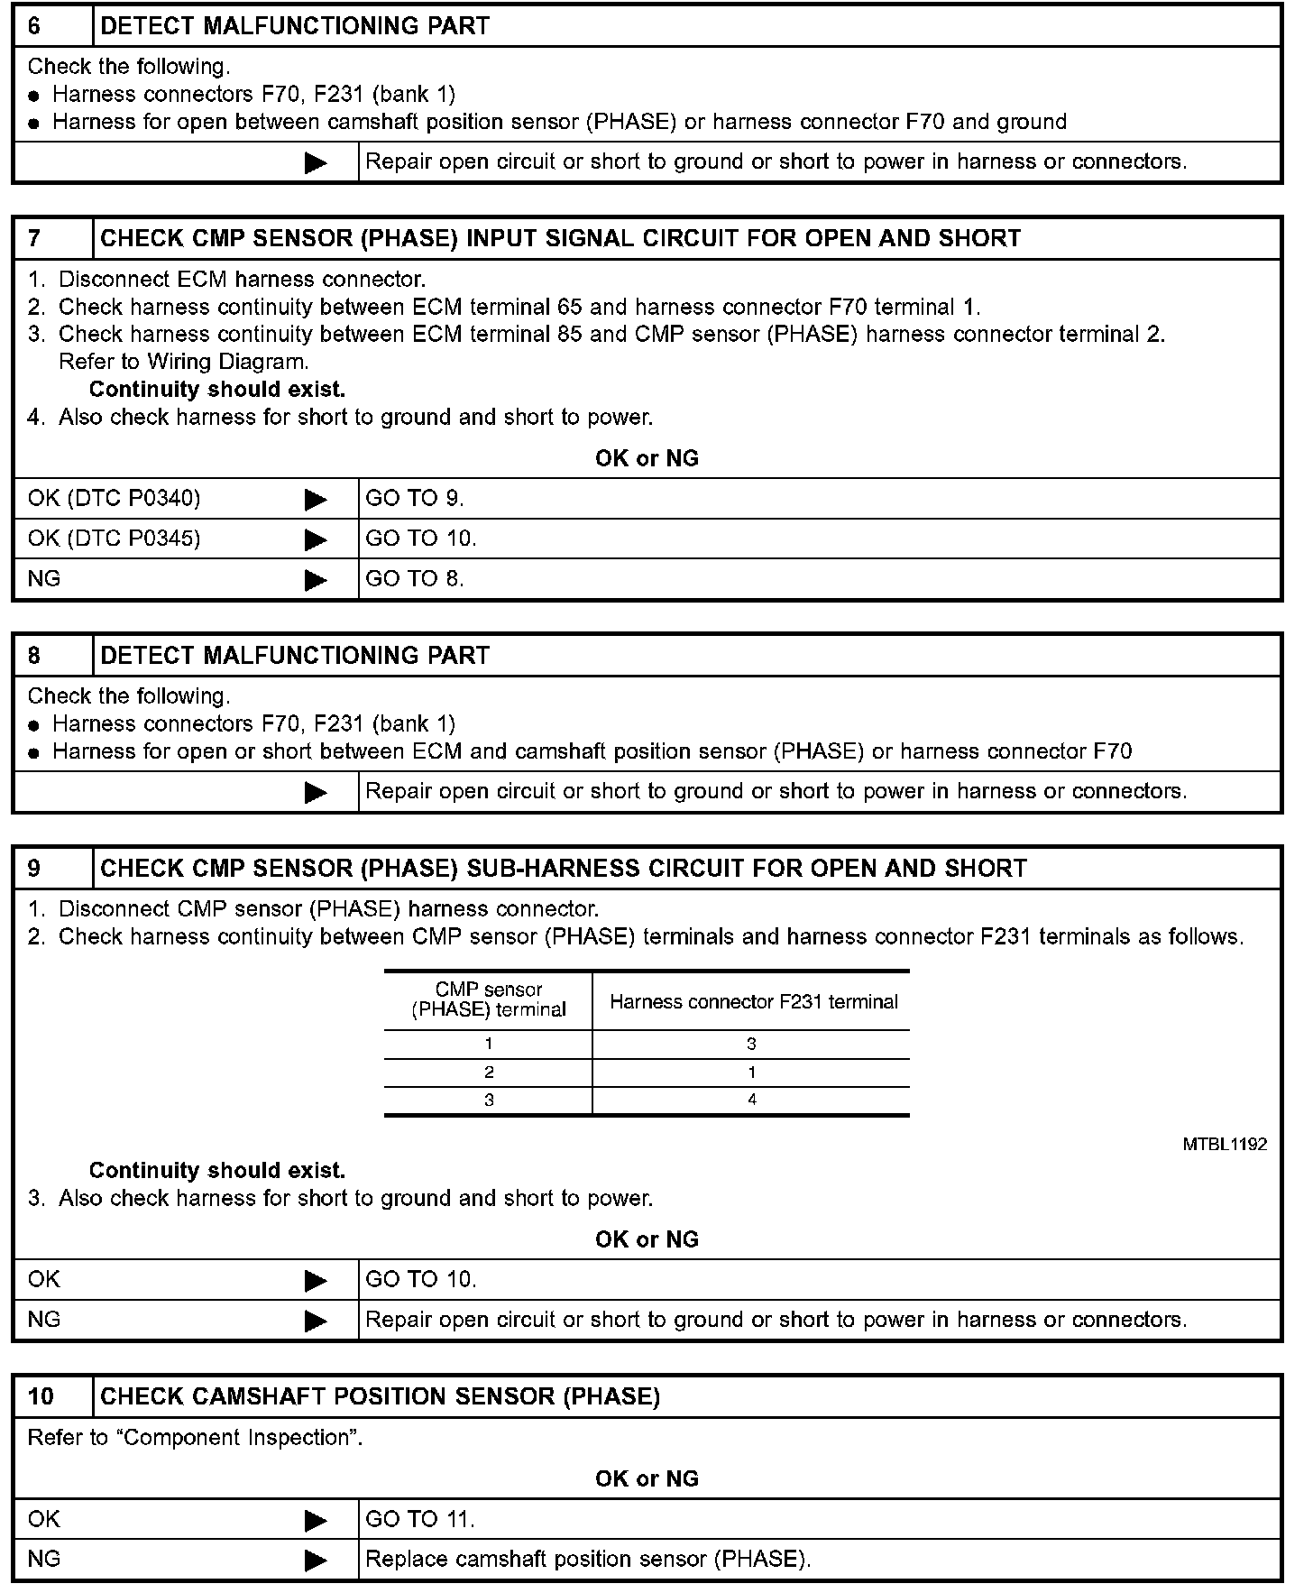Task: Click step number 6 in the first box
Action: point(34,26)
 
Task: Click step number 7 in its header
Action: point(34,239)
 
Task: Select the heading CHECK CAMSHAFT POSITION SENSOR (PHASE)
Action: point(380,1397)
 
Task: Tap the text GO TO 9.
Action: point(415,499)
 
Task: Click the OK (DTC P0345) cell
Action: point(115,539)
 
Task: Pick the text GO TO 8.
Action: point(415,579)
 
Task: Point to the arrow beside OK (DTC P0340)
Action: point(316,499)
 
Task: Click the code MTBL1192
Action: point(1225,1145)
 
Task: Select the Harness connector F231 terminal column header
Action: point(754,1002)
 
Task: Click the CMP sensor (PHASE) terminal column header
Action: point(489,1000)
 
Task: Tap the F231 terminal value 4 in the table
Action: point(752,1100)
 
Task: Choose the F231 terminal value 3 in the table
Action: point(752,1045)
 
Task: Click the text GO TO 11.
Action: point(420,1520)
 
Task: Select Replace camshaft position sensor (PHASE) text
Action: point(588,1560)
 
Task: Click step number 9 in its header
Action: point(34,869)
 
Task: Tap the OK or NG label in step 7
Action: point(647,459)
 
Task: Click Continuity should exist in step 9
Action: point(217,1171)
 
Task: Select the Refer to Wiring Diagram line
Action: point(184,363)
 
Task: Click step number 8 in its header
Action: point(34,656)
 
